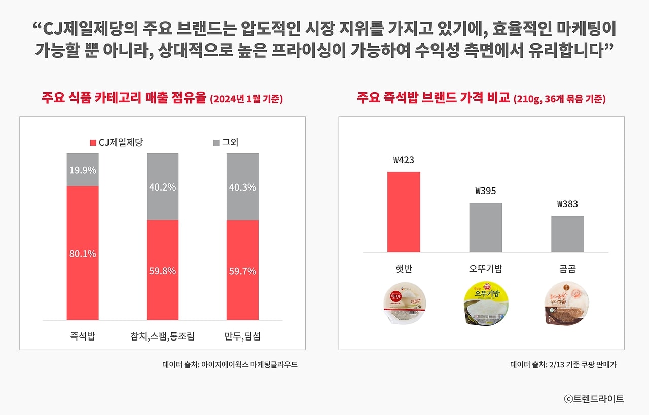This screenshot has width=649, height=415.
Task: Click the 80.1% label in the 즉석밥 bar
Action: coord(83,254)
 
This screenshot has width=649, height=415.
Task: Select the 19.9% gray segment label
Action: coord(83,170)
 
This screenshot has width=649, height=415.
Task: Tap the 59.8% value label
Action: coord(163,271)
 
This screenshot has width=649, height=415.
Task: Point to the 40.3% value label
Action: coord(242,187)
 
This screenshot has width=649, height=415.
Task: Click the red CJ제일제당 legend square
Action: coord(93,143)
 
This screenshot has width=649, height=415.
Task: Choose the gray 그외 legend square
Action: coord(217,143)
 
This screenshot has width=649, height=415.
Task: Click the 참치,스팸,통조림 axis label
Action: coord(162,336)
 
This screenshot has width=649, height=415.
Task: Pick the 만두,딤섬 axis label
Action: coord(242,336)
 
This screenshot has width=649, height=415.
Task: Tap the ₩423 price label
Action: coord(404,160)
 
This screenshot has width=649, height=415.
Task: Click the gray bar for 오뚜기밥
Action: coord(486,228)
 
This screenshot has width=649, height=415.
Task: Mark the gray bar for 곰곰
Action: coord(567,234)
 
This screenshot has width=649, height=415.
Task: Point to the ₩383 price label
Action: coord(567,204)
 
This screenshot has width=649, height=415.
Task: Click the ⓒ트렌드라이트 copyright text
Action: coord(594,399)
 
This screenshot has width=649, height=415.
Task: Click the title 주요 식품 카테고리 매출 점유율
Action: coord(125,98)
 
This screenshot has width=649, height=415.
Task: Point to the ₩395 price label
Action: coord(486,191)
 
